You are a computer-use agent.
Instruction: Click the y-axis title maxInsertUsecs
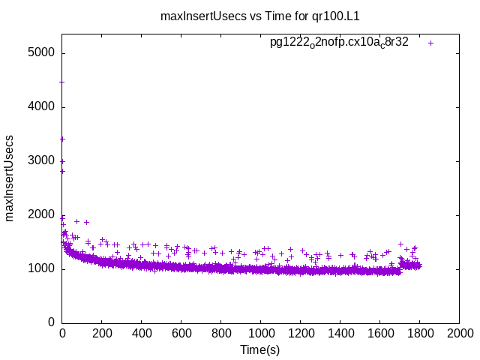[x=10, y=178]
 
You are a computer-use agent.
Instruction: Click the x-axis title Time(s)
[x=259, y=349]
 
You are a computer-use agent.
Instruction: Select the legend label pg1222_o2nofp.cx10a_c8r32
[x=339, y=43]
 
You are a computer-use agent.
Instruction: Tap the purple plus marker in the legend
[x=431, y=43]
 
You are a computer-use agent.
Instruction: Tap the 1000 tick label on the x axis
[x=261, y=334]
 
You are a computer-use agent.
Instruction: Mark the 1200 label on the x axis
[x=300, y=334]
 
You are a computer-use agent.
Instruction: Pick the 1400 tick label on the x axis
[x=340, y=334]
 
